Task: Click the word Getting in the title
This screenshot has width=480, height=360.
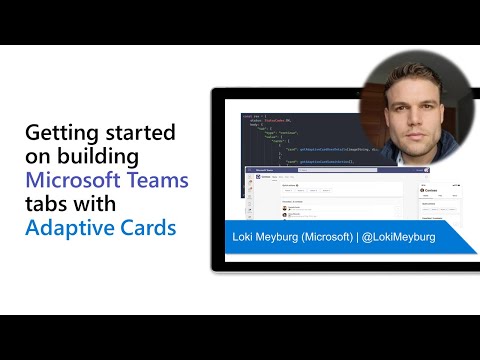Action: coord(58,134)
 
